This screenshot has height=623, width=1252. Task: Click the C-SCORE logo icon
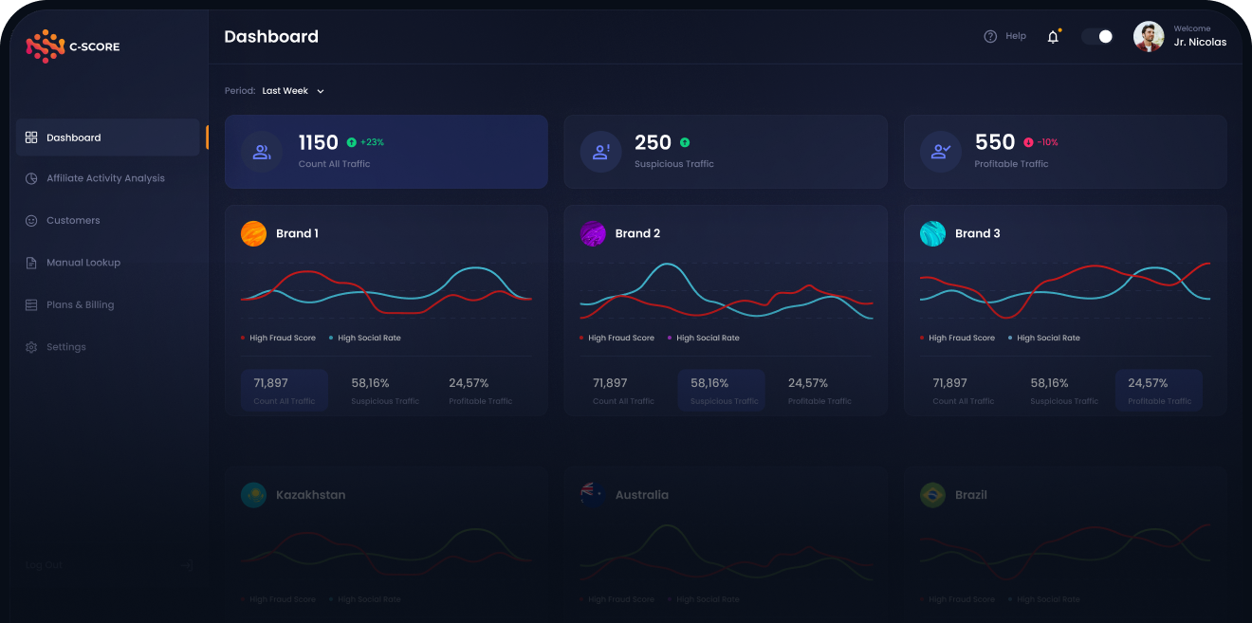45,46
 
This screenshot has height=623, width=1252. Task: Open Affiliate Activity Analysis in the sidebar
105,178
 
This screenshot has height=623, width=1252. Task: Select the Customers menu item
73,220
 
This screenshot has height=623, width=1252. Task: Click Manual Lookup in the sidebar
83,263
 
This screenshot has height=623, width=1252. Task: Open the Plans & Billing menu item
80,304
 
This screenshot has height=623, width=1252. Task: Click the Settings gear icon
31,347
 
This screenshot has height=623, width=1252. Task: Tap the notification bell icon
1053,37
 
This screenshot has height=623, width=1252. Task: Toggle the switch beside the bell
1097,36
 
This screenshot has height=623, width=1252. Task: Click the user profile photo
1149,37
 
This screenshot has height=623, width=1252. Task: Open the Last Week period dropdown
293,91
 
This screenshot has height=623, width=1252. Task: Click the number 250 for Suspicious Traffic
653,142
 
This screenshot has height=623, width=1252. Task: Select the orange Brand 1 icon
254,233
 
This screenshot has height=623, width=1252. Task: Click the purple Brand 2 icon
593,233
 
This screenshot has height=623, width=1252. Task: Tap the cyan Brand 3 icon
932,233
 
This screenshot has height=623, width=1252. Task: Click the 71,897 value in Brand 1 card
270,383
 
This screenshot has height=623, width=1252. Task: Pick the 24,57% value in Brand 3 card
1147,383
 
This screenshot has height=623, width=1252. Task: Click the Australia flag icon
593,494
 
